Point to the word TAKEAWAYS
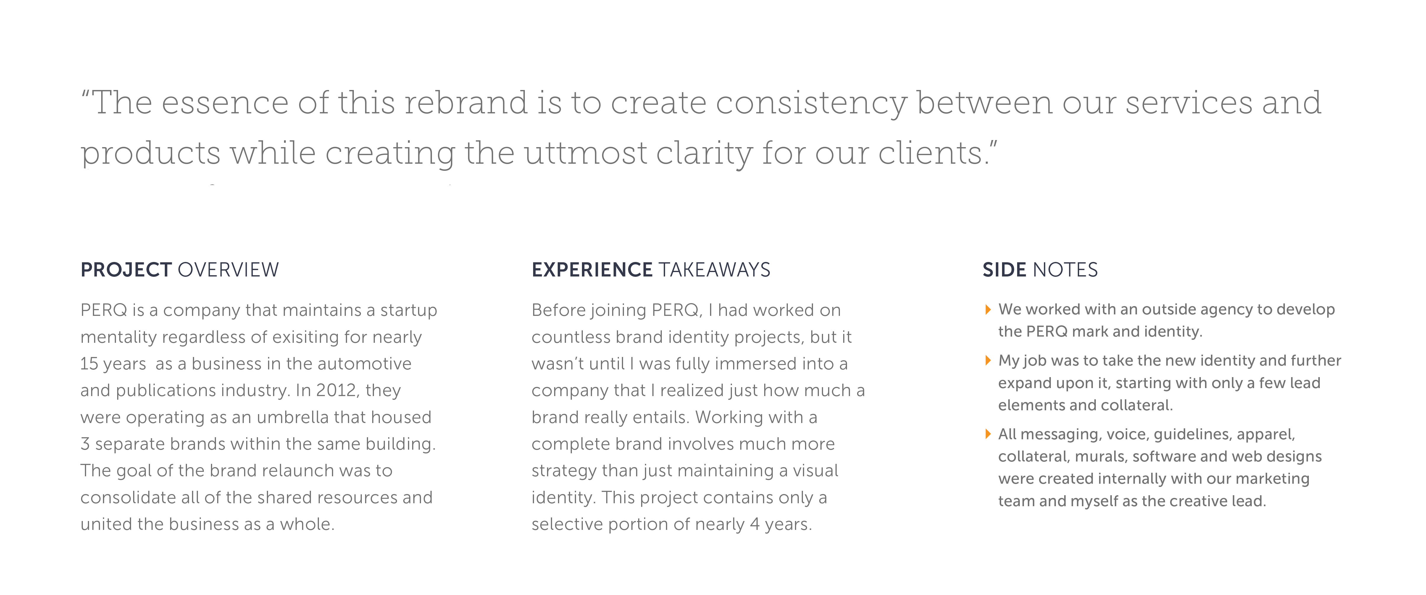(x=715, y=270)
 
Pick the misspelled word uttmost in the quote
(x=586, y=153)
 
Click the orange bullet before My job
(x=988, y=361)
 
